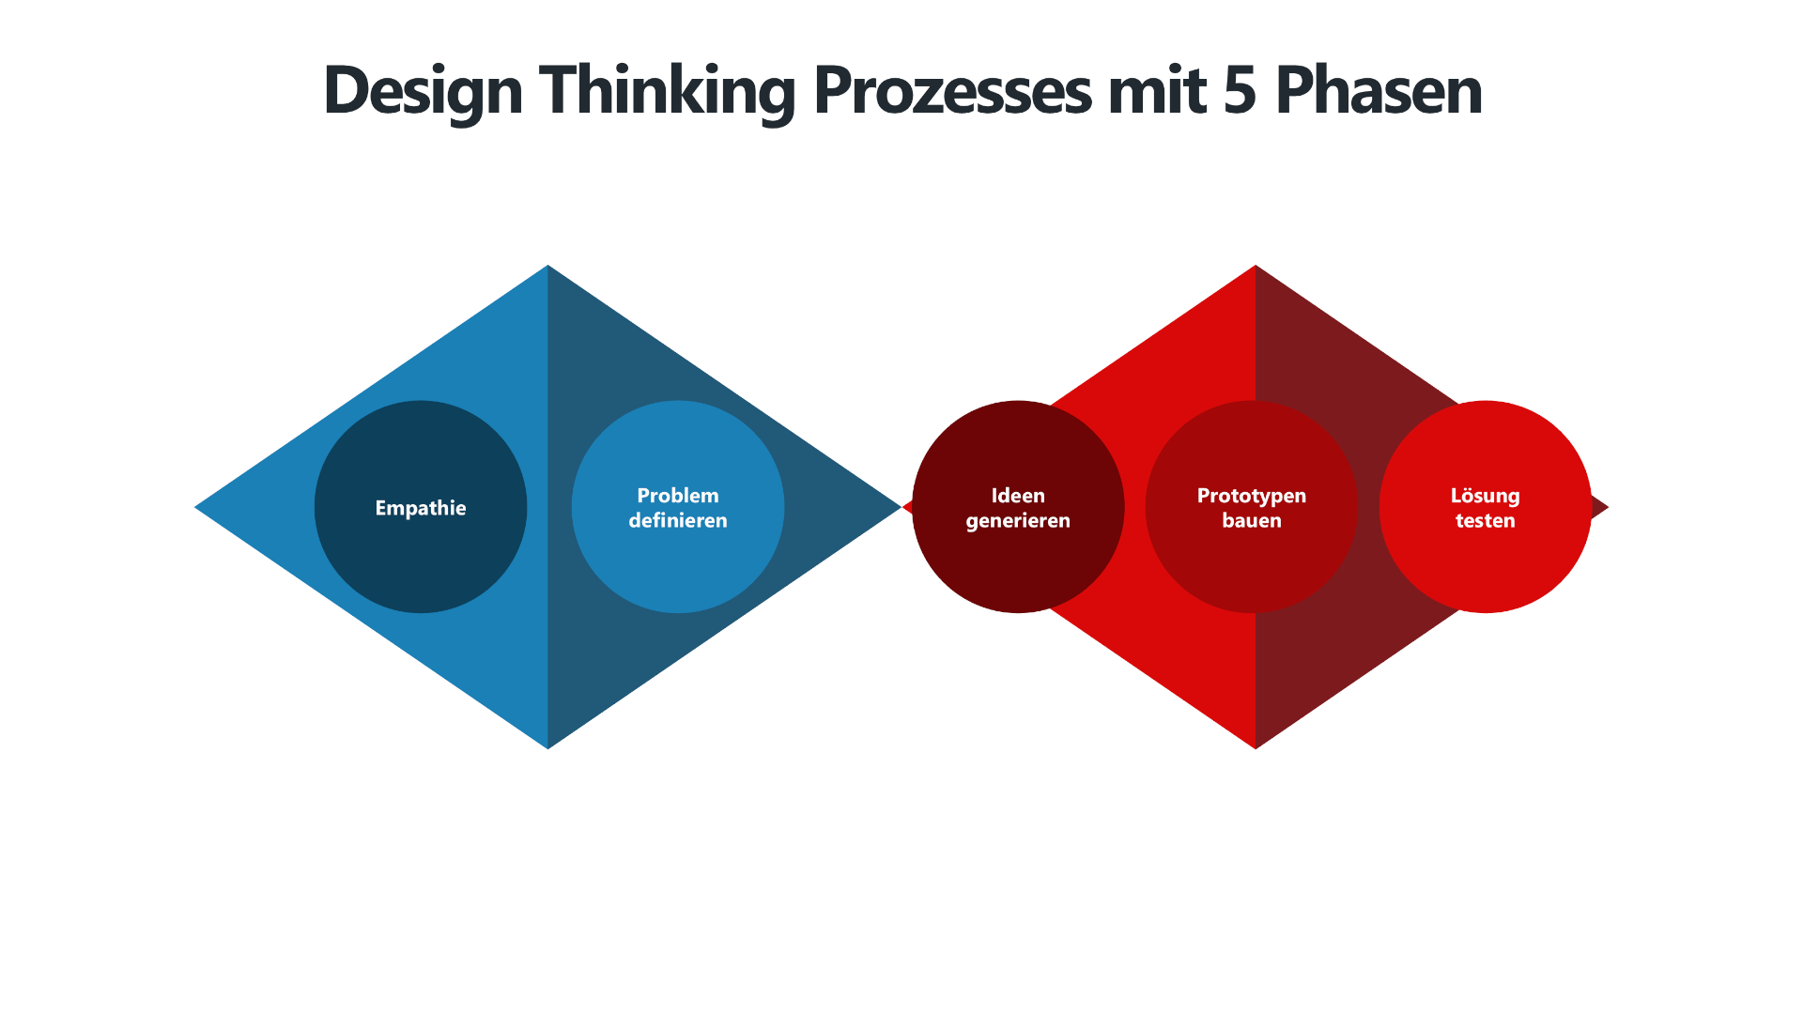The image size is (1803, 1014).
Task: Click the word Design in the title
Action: (423, 91)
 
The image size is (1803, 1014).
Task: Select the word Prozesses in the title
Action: (952, 91)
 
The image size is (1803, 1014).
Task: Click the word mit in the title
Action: (1157, 91)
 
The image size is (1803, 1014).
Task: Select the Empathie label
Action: (421, 508)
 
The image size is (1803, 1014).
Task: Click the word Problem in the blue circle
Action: (678, 496)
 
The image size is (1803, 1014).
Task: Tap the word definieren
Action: (678, 521)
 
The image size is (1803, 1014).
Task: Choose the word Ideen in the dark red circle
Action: (1018, 496)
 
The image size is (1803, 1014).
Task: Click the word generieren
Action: (1018, 521)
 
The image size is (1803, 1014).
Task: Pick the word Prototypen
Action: (1251, 496)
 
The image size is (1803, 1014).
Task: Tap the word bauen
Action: (1251, 521)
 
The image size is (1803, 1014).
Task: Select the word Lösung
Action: (1485, 496)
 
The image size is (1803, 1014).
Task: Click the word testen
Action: (1485, 521)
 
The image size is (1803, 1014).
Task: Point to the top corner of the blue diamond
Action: (547, 269)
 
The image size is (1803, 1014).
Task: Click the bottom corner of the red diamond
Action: (1256, 745)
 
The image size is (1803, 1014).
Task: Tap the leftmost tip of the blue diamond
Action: (199, 507)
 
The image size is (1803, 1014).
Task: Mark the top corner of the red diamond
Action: (1256, 269)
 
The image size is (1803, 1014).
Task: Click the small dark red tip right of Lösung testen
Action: (1600, 508)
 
